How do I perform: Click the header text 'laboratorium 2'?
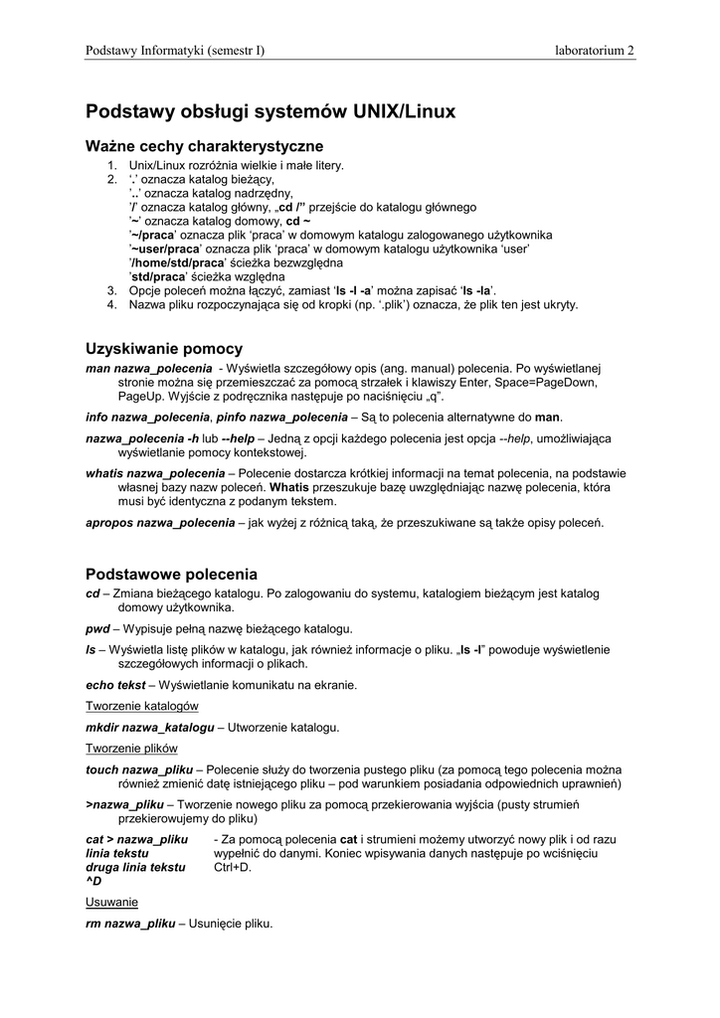594,51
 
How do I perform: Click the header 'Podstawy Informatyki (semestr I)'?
175,51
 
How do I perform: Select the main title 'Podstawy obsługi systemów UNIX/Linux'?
270,112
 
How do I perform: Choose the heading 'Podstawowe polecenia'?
171,574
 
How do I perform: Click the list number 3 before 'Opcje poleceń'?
112,290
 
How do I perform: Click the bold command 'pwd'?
97,628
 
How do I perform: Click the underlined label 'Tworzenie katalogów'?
142,705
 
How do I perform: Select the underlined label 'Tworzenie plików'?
130,748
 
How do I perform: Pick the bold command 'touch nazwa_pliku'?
139,769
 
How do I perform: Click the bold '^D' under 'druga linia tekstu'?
94,881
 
